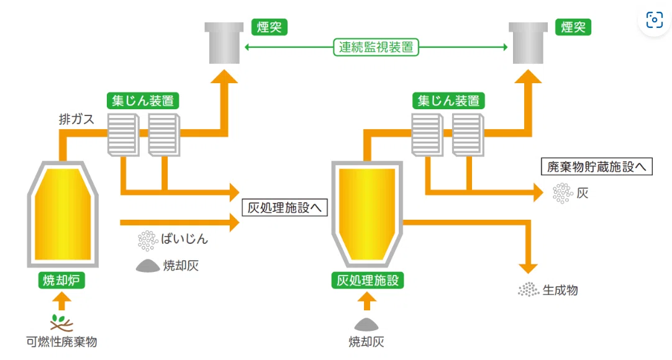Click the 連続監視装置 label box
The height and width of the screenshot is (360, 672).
click(x=376, y=47)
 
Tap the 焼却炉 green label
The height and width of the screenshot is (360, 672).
click(x=61, y=281)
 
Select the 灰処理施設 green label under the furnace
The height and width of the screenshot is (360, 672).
click(x=367, y=281)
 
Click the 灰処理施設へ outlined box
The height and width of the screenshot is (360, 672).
click(x=284, y=207)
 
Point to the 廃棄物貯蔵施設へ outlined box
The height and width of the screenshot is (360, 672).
click(x=597, y=166)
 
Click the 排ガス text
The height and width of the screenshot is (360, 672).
click(x=76, y=119)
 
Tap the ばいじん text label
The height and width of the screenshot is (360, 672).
click(x=184, y=239)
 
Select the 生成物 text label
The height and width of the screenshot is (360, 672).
click(x=560, y=290)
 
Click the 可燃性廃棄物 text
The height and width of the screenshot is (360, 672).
click(x=61, y=341)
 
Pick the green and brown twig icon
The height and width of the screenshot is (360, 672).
click(x=61, y=323)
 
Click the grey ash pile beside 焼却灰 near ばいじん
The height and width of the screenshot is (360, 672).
click(x=148, y=266)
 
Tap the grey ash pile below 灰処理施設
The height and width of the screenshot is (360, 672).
click(x=366, y=325)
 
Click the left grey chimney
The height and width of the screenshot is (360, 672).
click(x=224, y=43)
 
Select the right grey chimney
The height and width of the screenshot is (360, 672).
click(x=528, y=43)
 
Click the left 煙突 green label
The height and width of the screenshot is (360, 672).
click(x=269, y=27)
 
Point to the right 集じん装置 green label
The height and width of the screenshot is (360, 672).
click(x=448, y=101)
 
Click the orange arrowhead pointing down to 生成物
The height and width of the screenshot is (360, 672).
click(x=528, y=268)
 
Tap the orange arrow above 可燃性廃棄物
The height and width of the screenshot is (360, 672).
click(x=61, y=301)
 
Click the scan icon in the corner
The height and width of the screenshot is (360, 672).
click(x=655, y=20)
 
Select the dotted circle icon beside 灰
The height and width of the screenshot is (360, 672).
click(x=563, y=193)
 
